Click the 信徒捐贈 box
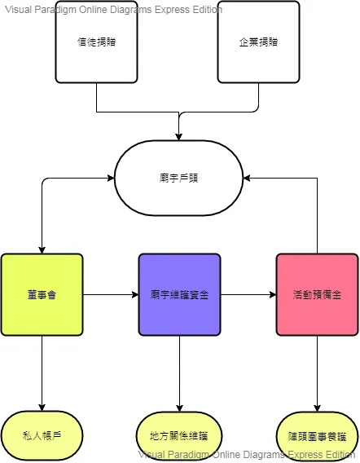click(96, 45)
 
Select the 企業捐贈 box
click(259, 45)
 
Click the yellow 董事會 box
click(42, 294)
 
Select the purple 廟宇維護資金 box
click(179, 294)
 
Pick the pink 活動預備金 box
click(316, 294)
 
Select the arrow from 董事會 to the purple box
click(110, 294)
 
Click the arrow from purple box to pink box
click(248, 294)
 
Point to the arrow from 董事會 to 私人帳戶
click(42, 371)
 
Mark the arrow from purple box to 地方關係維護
click(179, 371)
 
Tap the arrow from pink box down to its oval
click(316, 371)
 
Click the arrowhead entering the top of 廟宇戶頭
click(179, 134)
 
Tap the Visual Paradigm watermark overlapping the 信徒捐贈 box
click(113, 10)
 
